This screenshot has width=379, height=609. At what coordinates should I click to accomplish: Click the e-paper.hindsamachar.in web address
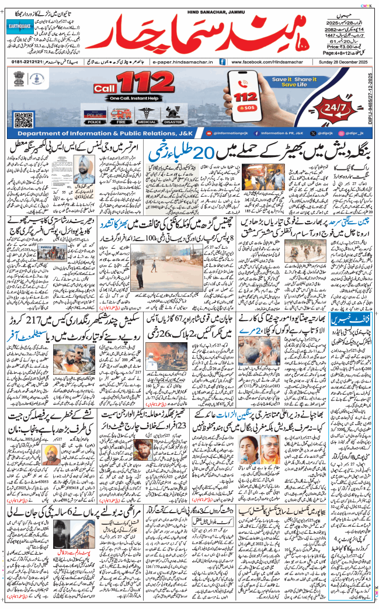178,61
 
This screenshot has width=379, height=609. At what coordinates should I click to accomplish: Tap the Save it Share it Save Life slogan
290,81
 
